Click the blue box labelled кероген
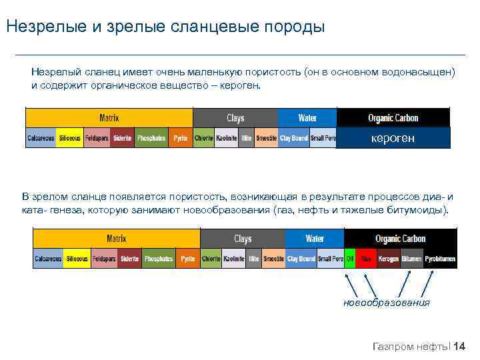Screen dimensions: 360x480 [393, 138]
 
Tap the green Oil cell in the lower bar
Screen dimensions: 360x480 [350, 259]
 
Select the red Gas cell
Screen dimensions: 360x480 [366, 259]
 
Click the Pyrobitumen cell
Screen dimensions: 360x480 [440, 259]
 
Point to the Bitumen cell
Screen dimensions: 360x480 [411, 259]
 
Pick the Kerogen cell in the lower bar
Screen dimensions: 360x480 [388, 259]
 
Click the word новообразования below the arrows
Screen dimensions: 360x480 [387, 303]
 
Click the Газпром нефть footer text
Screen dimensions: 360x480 [409, 346]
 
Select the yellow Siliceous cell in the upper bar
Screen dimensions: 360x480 [69, 138]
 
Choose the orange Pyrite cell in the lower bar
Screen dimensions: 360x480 [189, 259]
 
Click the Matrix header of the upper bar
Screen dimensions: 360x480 [109, 118]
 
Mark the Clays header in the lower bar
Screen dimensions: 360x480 [243, 239]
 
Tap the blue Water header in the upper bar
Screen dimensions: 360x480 [307, 118]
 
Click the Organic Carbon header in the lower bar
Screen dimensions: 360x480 [400, 239]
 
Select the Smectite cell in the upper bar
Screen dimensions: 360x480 [266, 138]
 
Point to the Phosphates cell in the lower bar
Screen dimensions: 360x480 [158, 259]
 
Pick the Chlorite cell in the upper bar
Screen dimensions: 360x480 [203, 138]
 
